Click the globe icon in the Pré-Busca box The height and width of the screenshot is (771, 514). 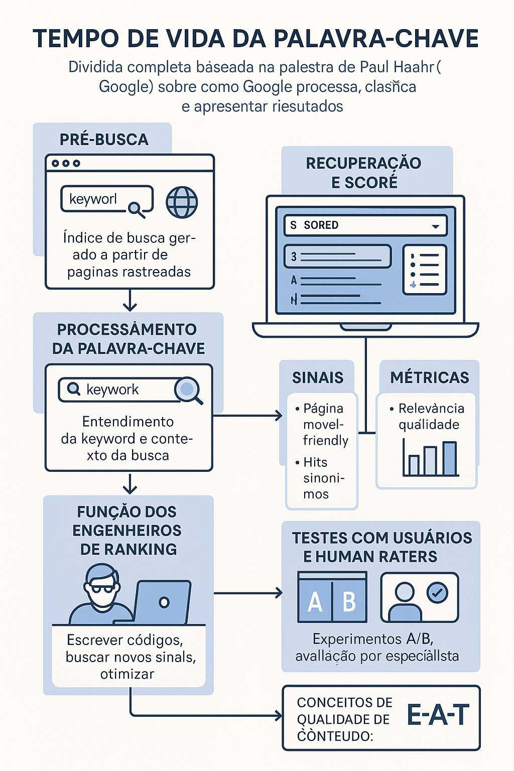click(182, 202)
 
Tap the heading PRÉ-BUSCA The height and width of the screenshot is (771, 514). click(104, 140)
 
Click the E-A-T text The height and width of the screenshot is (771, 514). click(438, 715)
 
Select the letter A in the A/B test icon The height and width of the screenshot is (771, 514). click(315, 601)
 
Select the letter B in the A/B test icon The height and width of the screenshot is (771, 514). click(349, 601)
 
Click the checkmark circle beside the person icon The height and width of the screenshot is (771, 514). click(437, 593)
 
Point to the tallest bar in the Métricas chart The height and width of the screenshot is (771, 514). click(450, 458)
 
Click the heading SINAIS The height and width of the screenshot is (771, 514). click(318, 377)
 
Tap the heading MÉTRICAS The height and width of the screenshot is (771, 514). click(430, 377)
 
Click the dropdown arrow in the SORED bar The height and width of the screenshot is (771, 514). click(435, 226)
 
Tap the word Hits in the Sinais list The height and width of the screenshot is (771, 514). click(315, 462)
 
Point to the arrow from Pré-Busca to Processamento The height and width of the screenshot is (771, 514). click(130, 301)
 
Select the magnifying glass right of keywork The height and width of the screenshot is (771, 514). click(188, 390)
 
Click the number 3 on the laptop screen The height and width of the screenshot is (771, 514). click(294, 257)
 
